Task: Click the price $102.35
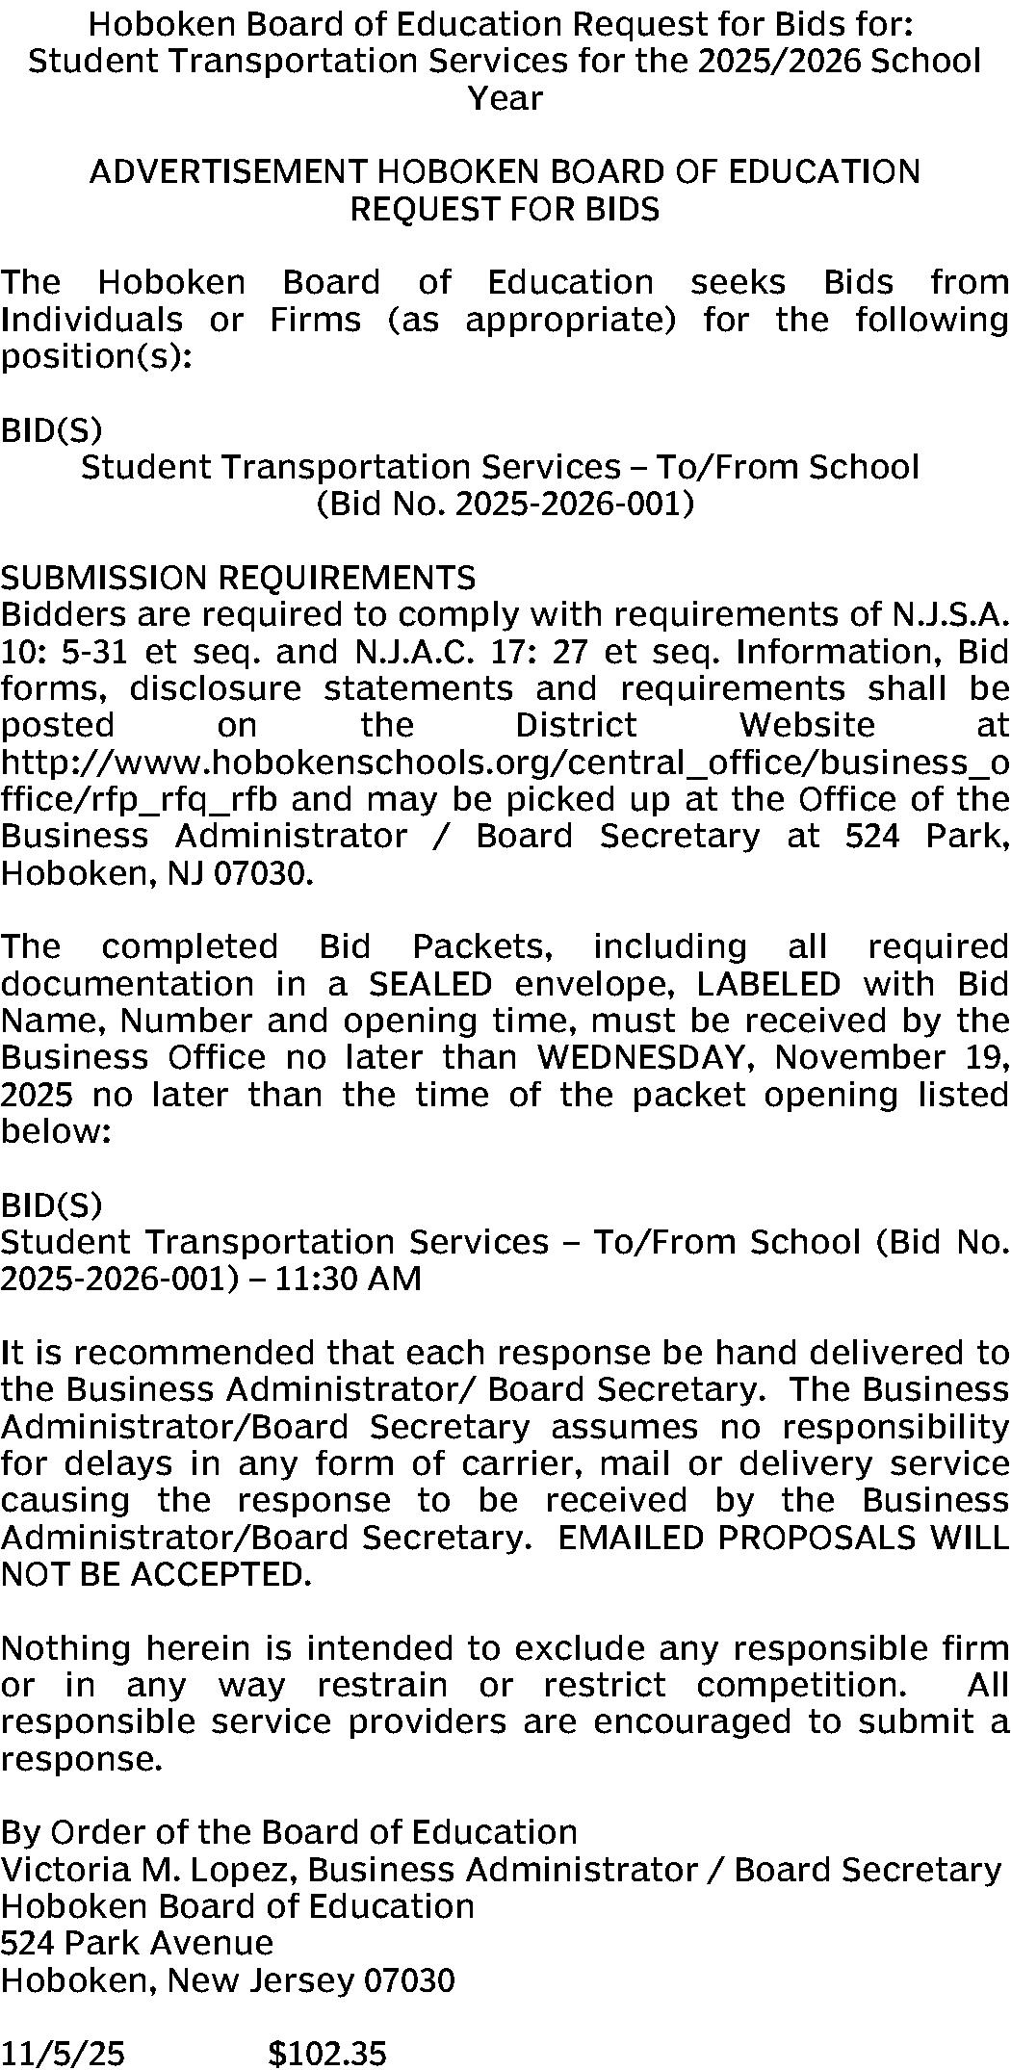[327, 2053]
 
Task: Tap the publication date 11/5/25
[63, 2053]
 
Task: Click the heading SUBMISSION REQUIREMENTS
[238, 578]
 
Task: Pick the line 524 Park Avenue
[137, 1943]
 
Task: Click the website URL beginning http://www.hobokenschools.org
[505, 763]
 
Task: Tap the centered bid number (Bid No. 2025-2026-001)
[505, 504]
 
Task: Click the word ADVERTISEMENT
[227, 171]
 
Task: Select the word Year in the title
[505, 98]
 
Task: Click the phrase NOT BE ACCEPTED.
[156, 1574]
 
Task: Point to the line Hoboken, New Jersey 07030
[227, 1979]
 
